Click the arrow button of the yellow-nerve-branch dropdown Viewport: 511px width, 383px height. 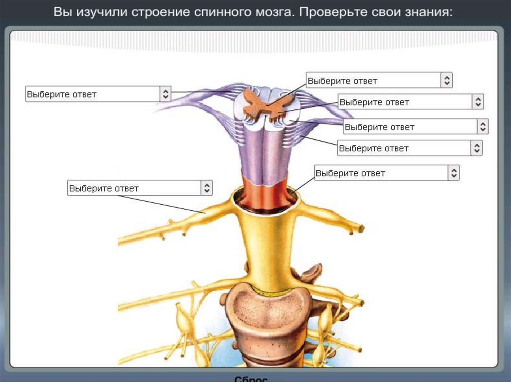click(x=207, y=188)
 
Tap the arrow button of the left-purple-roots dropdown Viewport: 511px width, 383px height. click(x=165, y=94)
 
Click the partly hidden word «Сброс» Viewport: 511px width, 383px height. click(x=251, y=379)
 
